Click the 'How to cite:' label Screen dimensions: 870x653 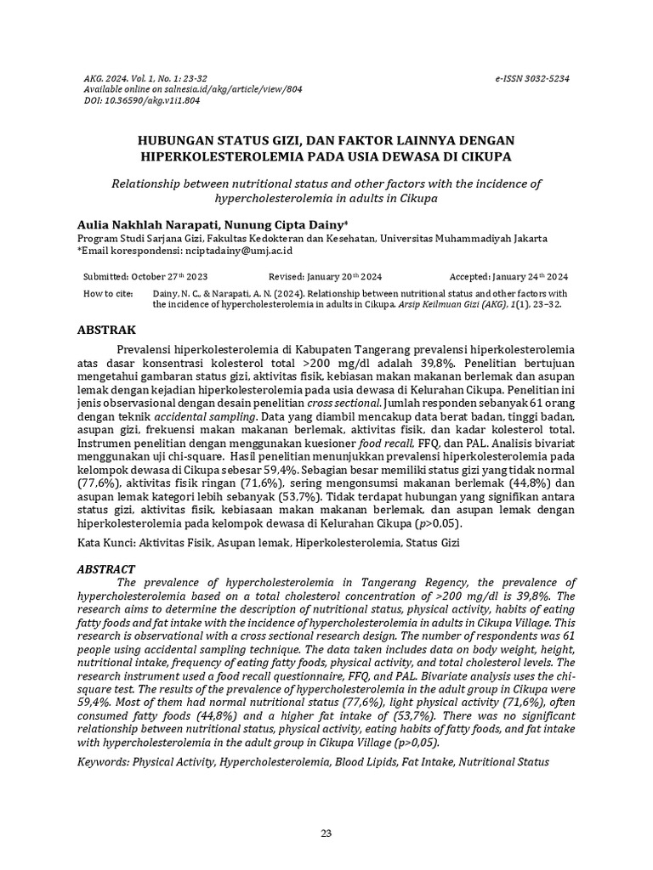point(108,292)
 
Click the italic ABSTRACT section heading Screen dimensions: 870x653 point(107,568)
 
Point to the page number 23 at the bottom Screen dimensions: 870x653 point(326,833)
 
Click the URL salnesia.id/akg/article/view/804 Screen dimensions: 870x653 point(198,89)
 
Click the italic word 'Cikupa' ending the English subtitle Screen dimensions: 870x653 point(417,199)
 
